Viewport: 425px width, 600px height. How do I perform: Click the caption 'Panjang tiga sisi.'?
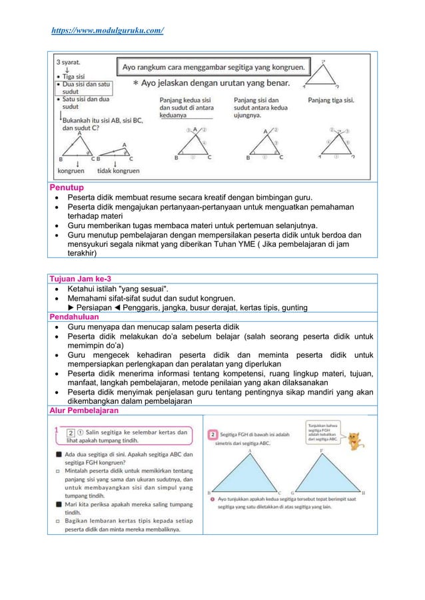(x=331, y=100)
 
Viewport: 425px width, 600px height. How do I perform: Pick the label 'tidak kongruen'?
(x=119, y=171)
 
